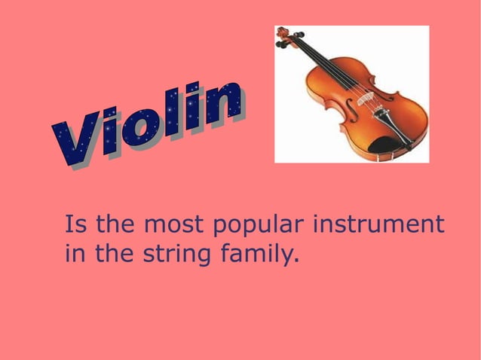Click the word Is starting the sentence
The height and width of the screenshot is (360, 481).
click(74, 224)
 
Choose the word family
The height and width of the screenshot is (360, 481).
click(256, 255)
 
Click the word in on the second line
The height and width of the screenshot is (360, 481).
click(75, 255)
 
